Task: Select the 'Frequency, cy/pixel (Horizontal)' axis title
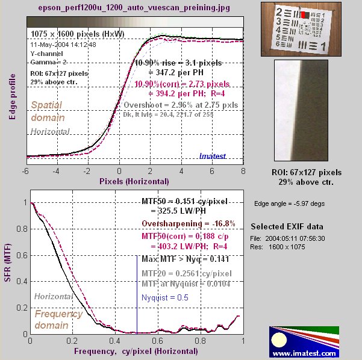click(x=136, y=350)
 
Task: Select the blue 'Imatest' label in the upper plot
click(x=214, y=157)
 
